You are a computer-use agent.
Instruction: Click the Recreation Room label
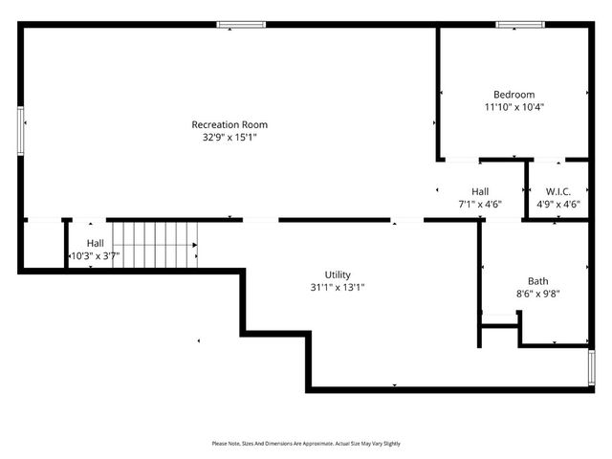click(x=229, y=124)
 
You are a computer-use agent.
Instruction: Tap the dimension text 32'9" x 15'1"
click(x=229, y=137)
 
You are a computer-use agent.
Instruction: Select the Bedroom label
click(x=514, y=94)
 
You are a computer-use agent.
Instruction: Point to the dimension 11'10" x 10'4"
click(x=514, y=107)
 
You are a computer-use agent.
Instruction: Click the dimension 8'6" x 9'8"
click(x=538, y=294)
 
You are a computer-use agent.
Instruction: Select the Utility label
click(x=338, y=273)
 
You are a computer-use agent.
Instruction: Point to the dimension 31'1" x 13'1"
click(x=338, y=287)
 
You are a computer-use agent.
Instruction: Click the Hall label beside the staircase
click(x=96, y=243)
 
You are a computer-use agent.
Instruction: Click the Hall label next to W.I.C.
click(x=480, y=191)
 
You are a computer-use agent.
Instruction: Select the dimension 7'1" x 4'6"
click(x=480, y=204)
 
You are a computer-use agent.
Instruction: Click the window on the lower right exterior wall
click(x=591, y=367)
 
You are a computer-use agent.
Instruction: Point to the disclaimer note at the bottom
click(x=306, y=444)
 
